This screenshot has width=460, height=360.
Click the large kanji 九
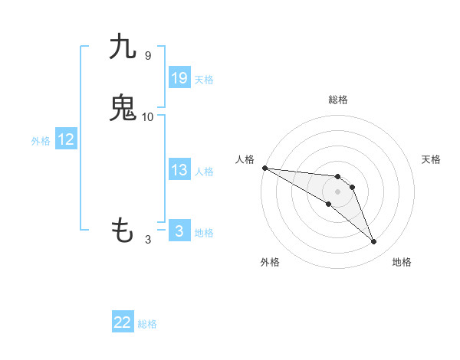click(x=123, y=47)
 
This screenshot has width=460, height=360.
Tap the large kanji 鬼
click(x=123, y=108)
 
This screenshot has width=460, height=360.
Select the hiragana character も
click(x=123, y=229)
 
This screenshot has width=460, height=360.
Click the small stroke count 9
click(x=147, y=56)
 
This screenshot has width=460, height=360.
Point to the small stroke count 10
click(x=148, y=116)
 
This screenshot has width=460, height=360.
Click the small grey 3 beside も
click(x=148, y=239)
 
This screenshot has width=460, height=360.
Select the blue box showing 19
click(x=179, y=78)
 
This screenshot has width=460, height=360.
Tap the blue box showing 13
click(x=179, y=170)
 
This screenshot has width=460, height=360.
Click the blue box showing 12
click(x=66, y=139)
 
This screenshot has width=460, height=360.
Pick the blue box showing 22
click(x=123, y=322)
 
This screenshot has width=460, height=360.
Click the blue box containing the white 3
click(x=179, y=231)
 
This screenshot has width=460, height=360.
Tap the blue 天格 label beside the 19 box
click(x=204, y=80)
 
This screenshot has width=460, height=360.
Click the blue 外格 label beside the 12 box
click(x=41, y=141)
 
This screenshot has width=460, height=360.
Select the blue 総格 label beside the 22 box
click(x=147, y=324)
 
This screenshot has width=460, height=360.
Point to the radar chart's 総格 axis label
click(x=337, y=100)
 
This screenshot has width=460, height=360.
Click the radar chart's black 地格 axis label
click(x=402, y=262)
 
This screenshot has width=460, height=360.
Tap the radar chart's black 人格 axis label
click(x=244, y=159)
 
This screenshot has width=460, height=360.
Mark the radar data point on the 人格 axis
click(x=264, y=168)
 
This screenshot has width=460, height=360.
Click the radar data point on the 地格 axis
click(x=374, y=242)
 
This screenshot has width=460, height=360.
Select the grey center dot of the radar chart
click(x=337, y=191)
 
